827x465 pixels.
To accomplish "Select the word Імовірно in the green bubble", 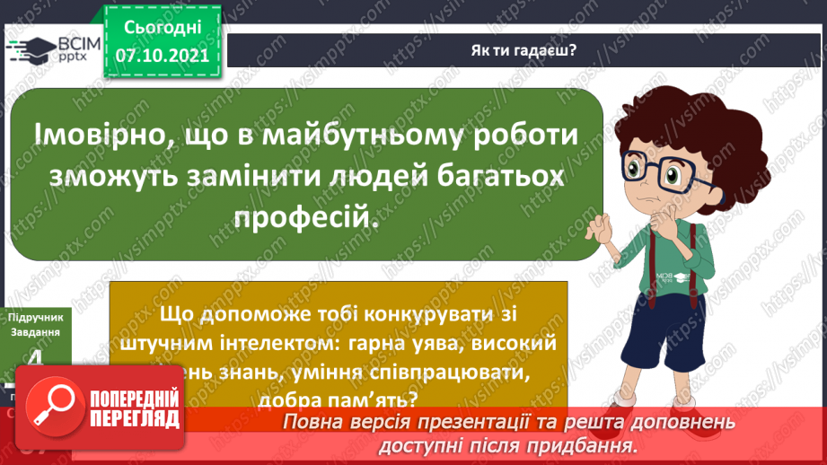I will (x=96, y=136).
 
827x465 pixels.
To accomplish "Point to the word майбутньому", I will (x=345, y=136).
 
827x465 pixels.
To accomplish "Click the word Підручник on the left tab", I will (x=34, y=319).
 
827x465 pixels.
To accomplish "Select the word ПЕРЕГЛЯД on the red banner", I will (x=135, y=417).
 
